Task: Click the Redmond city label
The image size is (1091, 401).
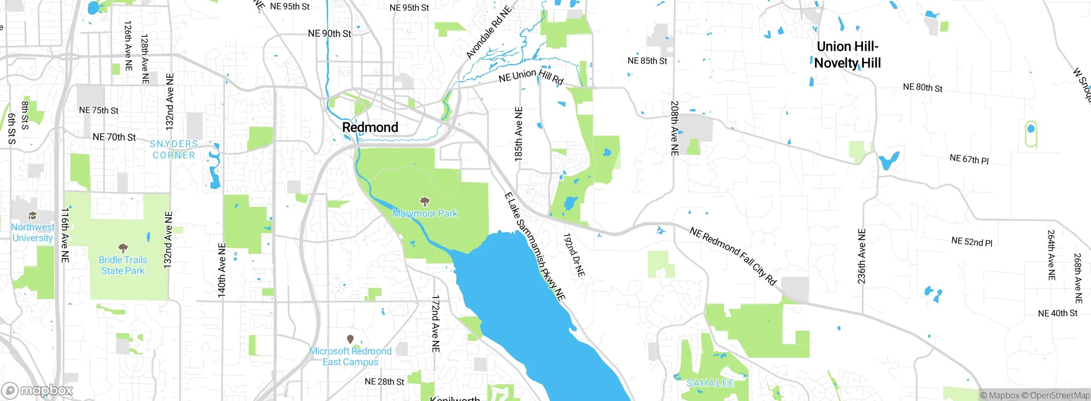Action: pos(370,127)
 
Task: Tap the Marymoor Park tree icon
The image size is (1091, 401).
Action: pos(424,201)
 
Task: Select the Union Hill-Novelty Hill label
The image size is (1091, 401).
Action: pos(847,55)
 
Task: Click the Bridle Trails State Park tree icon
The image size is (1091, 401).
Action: pos(123,248)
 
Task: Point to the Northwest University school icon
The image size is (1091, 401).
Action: pos(32,215)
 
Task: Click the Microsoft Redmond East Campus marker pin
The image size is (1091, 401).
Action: pos(350,339)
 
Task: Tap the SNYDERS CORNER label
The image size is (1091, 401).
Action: pos(174,150)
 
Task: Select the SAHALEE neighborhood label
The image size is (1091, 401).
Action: pos(710,383)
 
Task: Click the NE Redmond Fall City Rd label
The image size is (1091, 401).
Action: pos(733,256)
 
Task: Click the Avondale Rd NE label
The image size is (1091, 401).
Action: pos(488,33)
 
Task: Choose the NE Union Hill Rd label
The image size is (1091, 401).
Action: pos(531,76)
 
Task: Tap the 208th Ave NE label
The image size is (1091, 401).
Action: pos(674,128)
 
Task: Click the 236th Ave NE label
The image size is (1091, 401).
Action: pos(861,256)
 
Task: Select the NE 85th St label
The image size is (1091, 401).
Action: pos(647,61)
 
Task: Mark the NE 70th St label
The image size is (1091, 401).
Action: pos(114,137)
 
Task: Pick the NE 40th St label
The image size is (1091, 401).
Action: pos(1057,313)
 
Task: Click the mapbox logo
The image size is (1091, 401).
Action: pos(38,390)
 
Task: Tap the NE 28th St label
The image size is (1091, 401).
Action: pos(384,381)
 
